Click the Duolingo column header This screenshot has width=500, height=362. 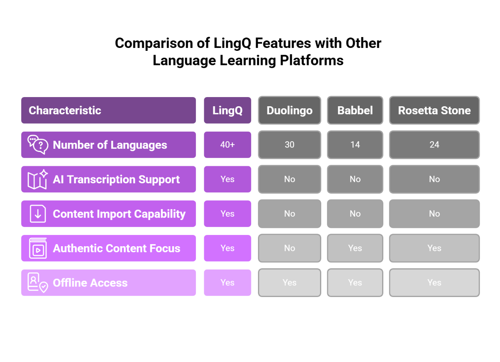289,110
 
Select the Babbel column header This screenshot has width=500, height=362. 355,110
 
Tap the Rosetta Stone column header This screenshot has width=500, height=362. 434,110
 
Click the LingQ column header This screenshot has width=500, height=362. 227,110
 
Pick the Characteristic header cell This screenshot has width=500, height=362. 108,110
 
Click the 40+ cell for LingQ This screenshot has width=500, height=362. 227,145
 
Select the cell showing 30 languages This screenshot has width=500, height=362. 289,145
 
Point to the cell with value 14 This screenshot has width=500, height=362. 355,145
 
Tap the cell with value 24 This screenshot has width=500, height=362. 434,145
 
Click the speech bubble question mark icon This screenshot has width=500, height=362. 37,145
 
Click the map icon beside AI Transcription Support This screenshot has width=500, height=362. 37,179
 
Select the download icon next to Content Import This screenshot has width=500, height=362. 37,214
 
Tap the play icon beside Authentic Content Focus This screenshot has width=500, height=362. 37,249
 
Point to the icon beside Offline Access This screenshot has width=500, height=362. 37,283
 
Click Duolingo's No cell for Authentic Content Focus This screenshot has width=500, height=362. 289,248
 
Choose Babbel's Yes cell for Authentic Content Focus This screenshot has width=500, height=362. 355,248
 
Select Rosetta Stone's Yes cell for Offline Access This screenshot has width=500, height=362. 434,283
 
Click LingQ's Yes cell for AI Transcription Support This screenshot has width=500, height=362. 227,179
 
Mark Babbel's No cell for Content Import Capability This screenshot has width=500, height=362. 355,214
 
